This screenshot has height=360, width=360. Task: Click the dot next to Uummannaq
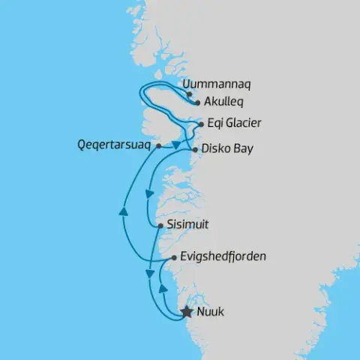(189, 95)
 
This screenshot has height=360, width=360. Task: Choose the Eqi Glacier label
(234, 123)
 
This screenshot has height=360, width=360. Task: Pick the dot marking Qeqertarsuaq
(158, 147)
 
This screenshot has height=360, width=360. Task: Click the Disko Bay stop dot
(195, 150)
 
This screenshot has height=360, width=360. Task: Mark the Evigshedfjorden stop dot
(174, 258)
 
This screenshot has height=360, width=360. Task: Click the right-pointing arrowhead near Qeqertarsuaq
(175, 142)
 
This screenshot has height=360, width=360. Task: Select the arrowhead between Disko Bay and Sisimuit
(150, 194)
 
